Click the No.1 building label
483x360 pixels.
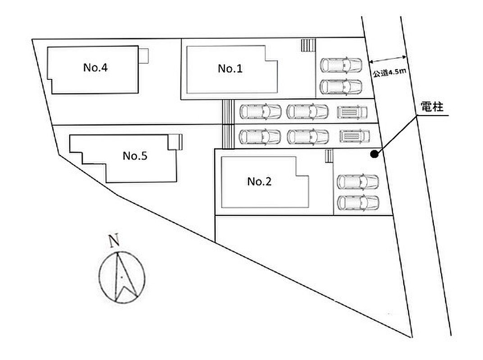point(230,69)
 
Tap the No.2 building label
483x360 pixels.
point(259,181)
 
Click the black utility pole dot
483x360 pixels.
point(374,154)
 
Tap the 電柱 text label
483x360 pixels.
point(432,107)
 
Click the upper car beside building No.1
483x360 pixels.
point(341,65)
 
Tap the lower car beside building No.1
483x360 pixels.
point(341,85)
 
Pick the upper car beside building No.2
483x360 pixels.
point(358,181)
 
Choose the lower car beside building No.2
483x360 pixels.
point(358,202)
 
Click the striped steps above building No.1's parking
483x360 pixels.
point(308,45)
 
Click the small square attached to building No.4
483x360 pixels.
point(144,56)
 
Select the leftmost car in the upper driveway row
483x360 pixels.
point(260,111)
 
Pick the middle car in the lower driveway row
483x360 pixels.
point(307,136)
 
